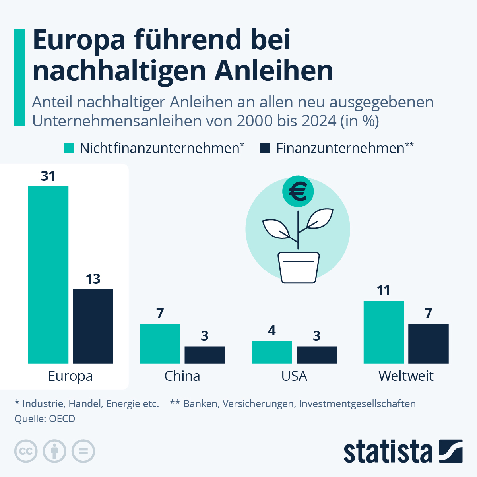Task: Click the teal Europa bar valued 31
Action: point(48,275)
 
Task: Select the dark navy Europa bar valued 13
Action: point(93,326)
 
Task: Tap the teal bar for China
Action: point(160,343)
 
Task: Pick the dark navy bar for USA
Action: point(316,355)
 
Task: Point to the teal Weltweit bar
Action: point(384,332)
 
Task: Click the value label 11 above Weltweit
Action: point(384,291)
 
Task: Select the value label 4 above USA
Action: point(272,330)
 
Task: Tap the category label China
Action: point(182,376)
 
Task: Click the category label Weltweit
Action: point(406,376)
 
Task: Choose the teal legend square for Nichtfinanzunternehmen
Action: point(69,148)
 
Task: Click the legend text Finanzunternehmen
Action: point(340,148)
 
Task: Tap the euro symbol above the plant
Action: point(298,192)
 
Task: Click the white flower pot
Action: point(299,267)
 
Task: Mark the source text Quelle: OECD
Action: point(45,419)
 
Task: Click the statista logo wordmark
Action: point(388,452)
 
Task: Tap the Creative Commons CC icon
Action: point(26,451)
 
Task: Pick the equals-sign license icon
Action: point(83,451)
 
